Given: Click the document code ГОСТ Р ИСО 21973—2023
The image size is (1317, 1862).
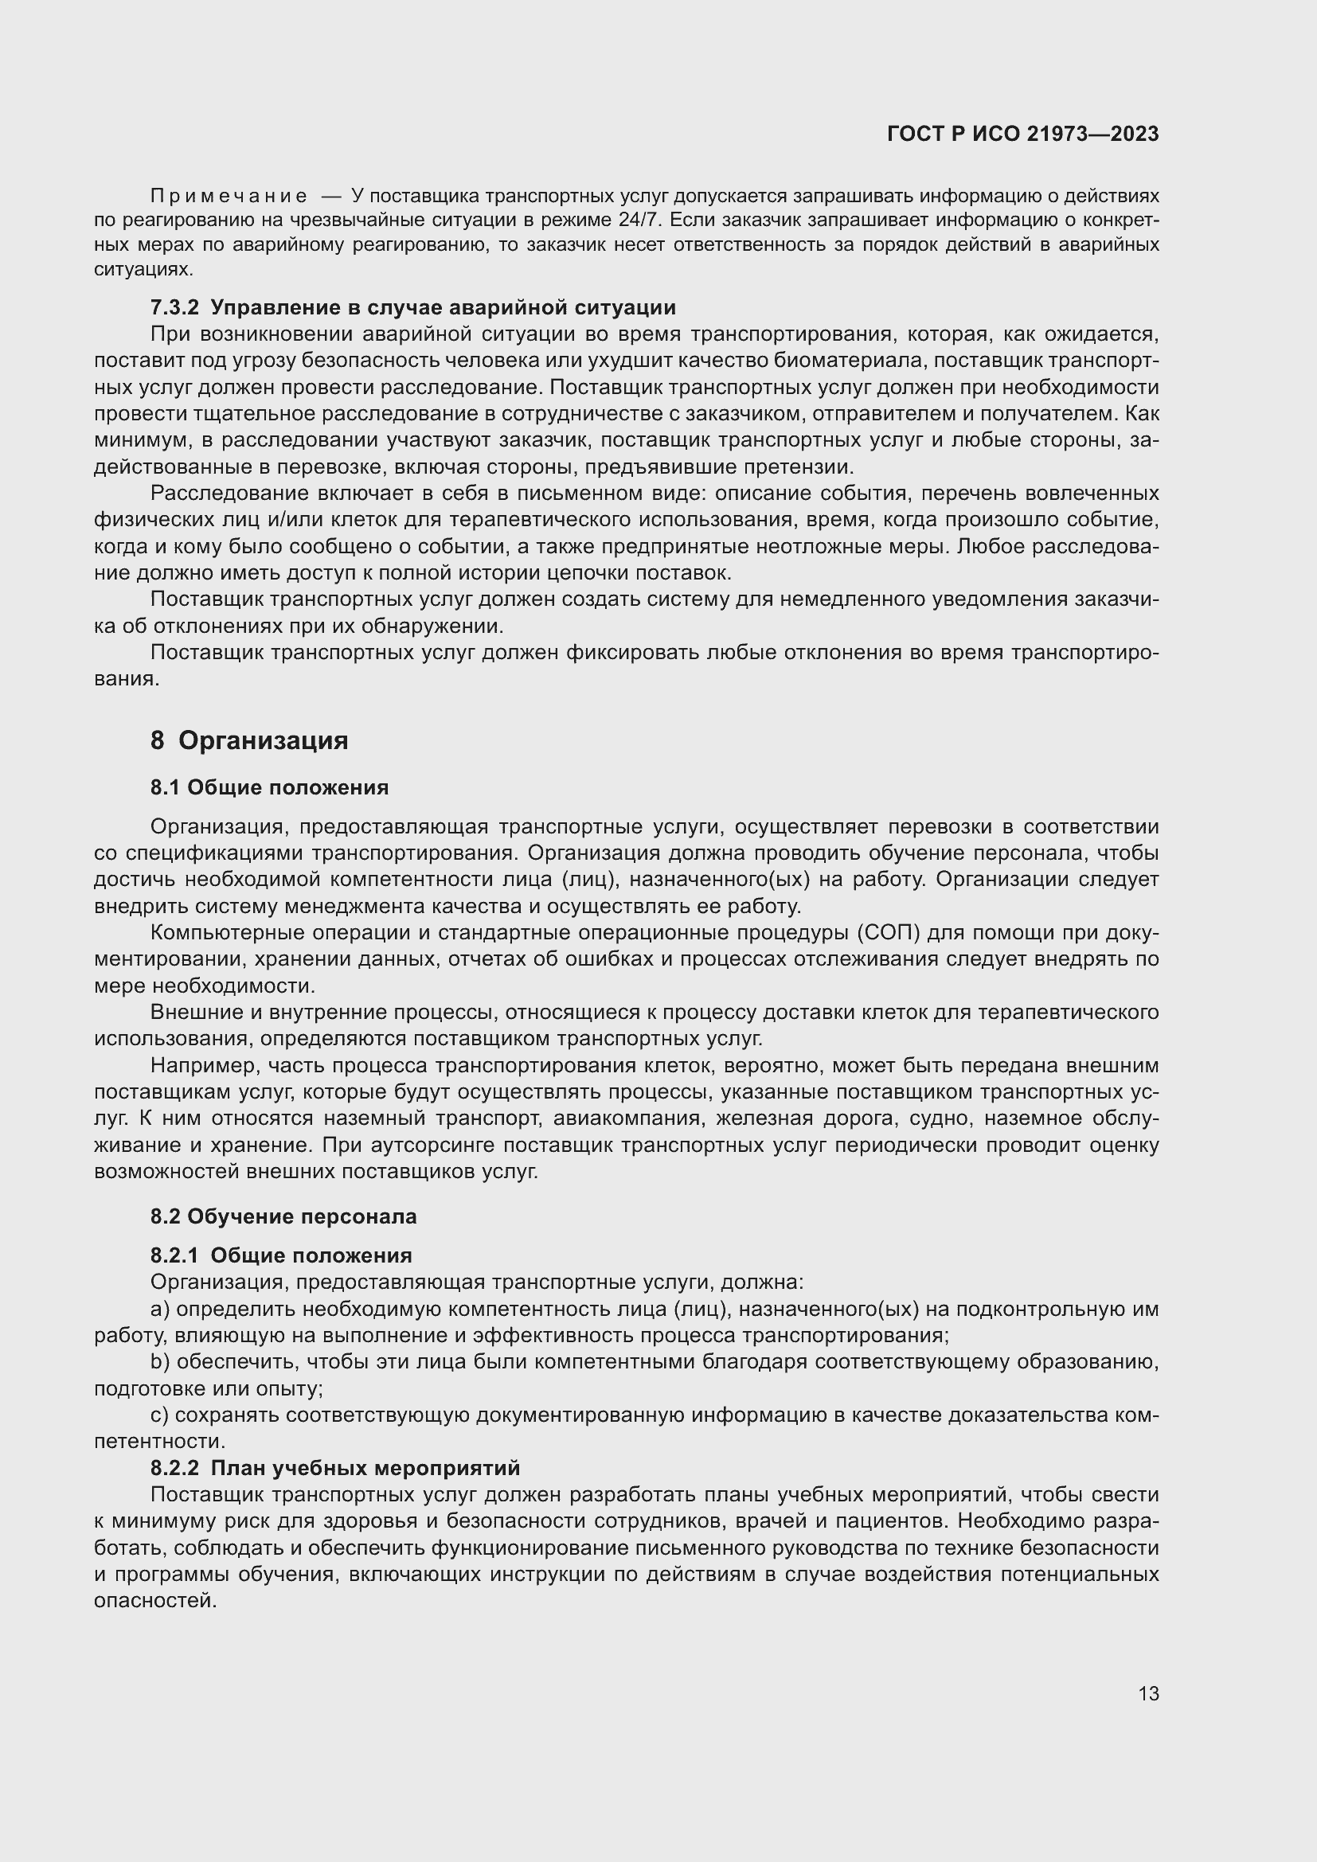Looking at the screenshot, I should click(1022, 134).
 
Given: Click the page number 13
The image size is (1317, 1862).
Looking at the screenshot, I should click(1148, 1693).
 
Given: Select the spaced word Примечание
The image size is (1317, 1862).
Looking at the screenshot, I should click(229, 197).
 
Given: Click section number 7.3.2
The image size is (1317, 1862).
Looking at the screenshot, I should click(174, 307).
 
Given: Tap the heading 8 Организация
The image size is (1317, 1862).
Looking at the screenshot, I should click(249, 740).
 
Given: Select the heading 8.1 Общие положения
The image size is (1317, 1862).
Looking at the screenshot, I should click(269, 787).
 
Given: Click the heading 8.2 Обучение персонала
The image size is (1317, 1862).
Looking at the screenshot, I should click(283, 1216).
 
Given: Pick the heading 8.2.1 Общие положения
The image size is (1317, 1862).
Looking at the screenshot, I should click(280, 1255).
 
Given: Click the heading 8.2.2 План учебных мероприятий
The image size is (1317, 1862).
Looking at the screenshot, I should click(335, 1468).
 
